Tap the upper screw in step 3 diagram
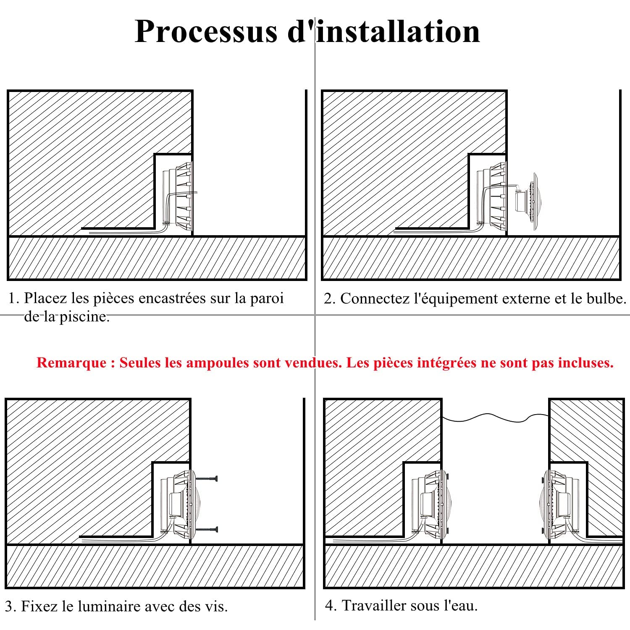206,478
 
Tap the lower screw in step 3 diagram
206,530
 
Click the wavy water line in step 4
496,417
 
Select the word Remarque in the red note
71,362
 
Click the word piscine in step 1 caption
84,316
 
